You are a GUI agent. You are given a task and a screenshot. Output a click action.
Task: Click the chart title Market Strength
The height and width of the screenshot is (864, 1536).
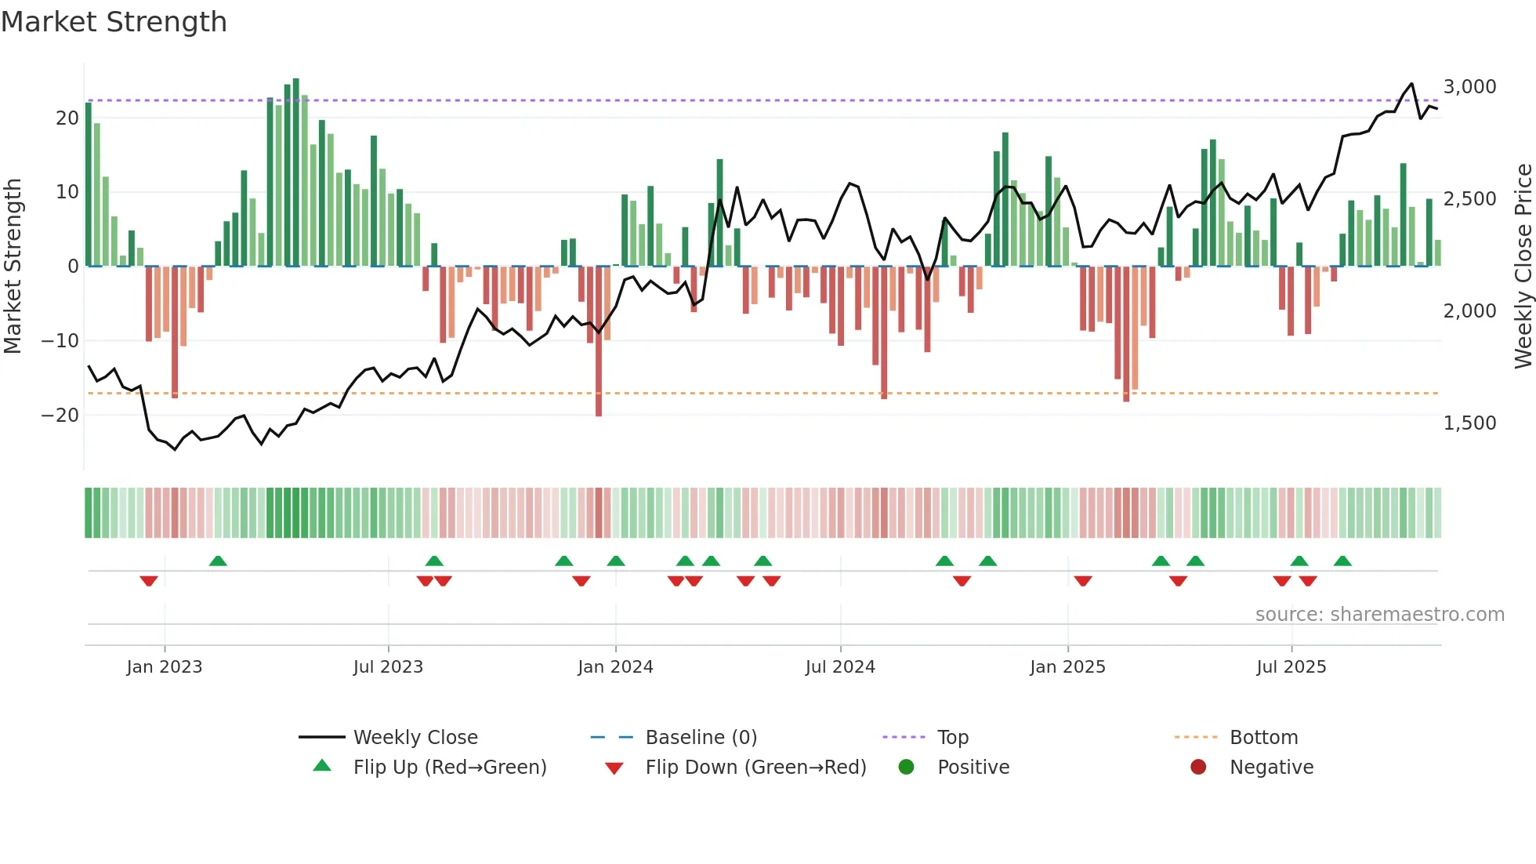(114, 22)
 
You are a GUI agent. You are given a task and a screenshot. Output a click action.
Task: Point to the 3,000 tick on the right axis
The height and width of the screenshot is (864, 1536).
(1469, 86)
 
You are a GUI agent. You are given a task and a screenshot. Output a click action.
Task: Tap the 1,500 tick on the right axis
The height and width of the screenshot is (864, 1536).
(1469, 423)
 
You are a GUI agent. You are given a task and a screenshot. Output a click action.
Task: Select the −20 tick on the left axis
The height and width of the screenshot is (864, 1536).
(60, 415)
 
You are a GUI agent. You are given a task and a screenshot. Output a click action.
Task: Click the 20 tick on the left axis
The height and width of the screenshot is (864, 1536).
(67, 118)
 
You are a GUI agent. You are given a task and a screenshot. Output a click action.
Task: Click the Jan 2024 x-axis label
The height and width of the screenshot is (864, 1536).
(615, 666)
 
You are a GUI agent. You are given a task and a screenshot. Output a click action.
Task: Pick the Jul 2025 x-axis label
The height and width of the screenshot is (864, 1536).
(1291, 666)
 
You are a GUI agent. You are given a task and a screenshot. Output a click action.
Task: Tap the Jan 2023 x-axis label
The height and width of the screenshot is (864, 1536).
(165, 666)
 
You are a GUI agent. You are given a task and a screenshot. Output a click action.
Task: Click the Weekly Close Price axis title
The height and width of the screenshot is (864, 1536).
(1523, 266)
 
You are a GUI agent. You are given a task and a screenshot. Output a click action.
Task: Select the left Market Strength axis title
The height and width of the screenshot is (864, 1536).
(13, 266)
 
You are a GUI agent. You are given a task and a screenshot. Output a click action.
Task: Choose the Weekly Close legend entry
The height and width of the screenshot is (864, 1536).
(415, 737)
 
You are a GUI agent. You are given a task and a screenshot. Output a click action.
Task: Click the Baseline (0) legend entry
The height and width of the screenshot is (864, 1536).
(701, 737)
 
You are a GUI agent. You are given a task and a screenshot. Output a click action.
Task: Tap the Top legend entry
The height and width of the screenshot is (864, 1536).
(952, 737)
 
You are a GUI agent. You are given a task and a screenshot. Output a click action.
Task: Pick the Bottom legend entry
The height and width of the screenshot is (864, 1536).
(1263, 737)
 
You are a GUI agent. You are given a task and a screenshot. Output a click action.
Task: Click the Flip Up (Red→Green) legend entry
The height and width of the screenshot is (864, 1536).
(449, 767)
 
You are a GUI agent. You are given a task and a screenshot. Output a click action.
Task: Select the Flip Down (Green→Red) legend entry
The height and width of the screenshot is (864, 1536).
(755, 767)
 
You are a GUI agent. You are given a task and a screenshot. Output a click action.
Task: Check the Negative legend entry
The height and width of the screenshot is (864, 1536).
(1270, 767)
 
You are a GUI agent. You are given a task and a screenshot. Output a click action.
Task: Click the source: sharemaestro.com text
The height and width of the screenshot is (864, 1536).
(1379, 614)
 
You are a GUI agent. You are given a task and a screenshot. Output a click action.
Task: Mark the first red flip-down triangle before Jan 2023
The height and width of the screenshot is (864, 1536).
(149, 581)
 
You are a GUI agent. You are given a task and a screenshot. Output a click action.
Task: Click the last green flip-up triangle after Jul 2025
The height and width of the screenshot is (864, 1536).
(1342, 561)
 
